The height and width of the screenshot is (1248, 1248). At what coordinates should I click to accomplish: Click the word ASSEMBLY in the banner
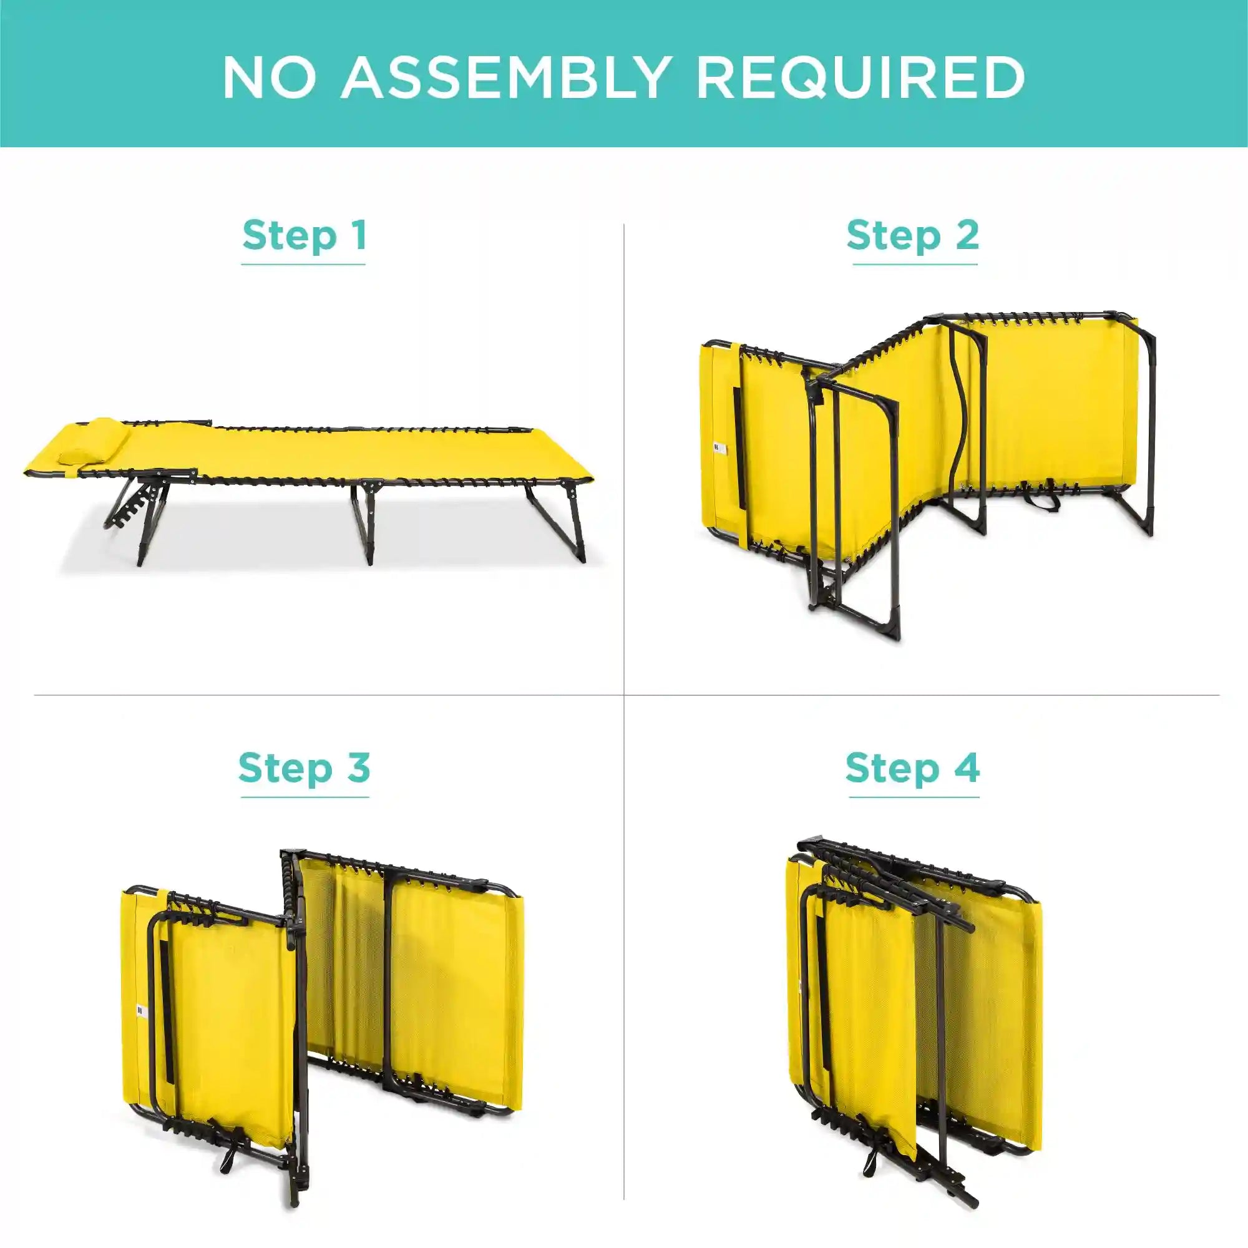point(504,77)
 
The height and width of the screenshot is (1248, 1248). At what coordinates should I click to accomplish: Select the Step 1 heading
point(305,235)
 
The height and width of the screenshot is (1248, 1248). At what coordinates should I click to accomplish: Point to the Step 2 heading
point(913,235)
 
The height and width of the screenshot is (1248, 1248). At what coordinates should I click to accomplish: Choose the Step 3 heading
point(305,768)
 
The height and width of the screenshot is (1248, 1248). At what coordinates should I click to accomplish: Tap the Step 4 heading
point(912,768)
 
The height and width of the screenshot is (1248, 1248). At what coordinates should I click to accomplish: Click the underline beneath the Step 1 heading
point(304,264)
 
